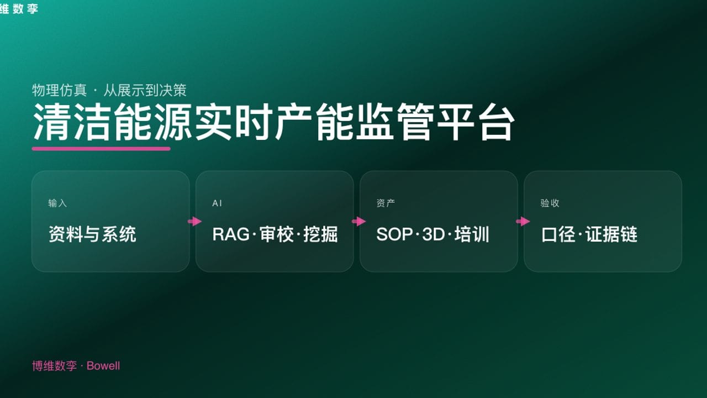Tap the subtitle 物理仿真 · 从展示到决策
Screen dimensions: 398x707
109,90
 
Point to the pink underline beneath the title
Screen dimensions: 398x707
101,148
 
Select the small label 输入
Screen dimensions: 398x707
57,203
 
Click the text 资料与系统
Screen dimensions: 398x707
92,234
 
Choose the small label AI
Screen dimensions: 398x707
217,203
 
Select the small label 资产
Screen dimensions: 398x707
386,203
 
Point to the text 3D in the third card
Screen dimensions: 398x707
433,234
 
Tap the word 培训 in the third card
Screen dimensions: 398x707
472,234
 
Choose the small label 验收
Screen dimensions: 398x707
550,203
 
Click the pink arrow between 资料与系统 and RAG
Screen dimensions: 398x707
194,222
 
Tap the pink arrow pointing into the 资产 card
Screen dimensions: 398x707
358,222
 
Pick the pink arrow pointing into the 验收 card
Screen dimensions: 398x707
523,222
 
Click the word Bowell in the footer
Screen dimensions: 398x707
103,366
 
